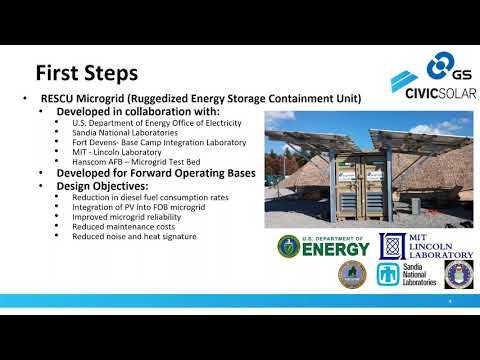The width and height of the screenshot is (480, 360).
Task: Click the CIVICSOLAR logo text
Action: tap(433, 93)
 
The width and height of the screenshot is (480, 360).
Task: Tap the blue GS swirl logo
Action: tap(440, 68)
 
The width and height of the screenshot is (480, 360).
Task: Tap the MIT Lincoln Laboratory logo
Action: tap(425, 246)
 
